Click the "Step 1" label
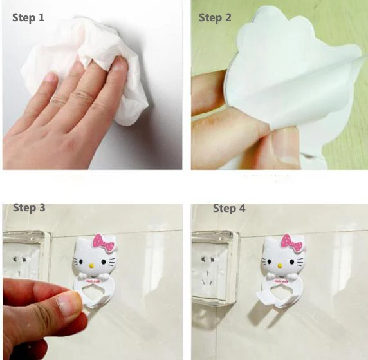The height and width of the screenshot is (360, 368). (28, 17)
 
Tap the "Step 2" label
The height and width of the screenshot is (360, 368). (215, 17)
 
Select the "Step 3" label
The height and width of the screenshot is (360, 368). (29, 208)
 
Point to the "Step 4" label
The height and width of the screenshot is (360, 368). (229, 209)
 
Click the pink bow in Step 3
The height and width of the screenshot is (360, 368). (104, 243)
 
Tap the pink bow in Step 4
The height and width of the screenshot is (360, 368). (292, 243)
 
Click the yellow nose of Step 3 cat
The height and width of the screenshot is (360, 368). (91, 266)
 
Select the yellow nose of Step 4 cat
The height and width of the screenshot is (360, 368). (279, 265)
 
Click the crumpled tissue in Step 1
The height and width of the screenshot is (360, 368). (91, 66)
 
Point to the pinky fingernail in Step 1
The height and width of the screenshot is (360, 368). (50, 77)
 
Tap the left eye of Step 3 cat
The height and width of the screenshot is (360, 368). (81, 261)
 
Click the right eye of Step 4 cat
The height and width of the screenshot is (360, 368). (291, 261)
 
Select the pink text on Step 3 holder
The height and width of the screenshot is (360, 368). (92, 281)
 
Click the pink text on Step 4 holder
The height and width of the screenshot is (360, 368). (281, 281)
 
